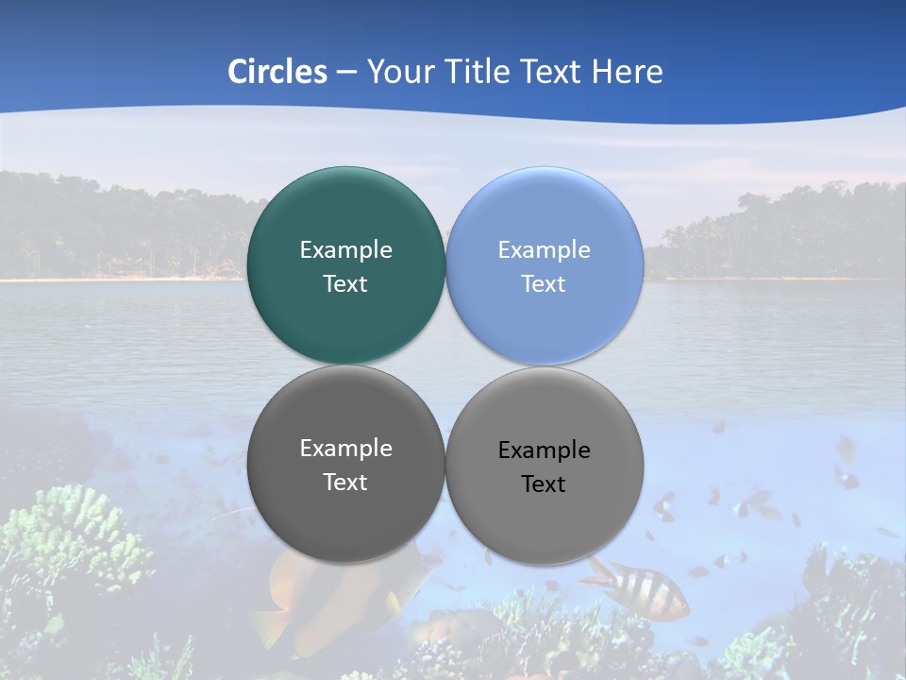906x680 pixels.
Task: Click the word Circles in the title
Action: pyautogui.click(x=277, y=72)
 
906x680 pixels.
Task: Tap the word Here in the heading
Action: pyautogui.click(x=627, y=72)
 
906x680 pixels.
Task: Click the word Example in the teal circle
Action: pyautogui.click(x=345, y=249)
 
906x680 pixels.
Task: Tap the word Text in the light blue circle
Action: pyautogui.click(x=544, y=283)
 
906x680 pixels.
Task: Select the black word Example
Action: pyautogui.click(x=544, y=450)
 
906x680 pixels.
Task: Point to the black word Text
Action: pyautogui.click(x=544, y=484)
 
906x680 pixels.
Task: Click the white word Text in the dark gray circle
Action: pyautogui.click(x=345, y=482)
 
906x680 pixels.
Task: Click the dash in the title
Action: pyautogui.click(x=346, y=72)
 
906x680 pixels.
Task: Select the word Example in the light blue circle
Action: pyautogui.click(x=544, y=249)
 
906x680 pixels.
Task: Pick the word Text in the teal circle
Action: pyautogui.click(x=345, y=283)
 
